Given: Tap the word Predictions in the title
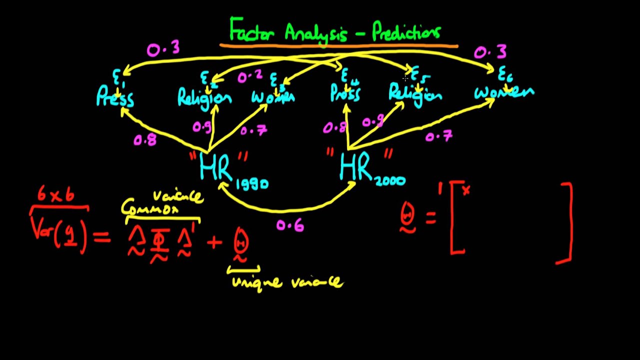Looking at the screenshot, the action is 406,32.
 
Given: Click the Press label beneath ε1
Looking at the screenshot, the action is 115,97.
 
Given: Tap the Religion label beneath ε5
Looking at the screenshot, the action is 415,95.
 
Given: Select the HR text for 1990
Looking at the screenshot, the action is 216,167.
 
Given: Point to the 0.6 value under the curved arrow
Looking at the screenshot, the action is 290,226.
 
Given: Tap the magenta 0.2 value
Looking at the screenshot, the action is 250,76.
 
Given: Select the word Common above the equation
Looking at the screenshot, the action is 150,208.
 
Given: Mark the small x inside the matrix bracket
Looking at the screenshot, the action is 466,190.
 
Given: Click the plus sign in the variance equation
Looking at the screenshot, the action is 214,242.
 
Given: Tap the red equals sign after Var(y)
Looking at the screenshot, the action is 101,237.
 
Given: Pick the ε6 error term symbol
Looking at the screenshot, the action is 505,74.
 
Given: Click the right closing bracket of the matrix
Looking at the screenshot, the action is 566,222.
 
